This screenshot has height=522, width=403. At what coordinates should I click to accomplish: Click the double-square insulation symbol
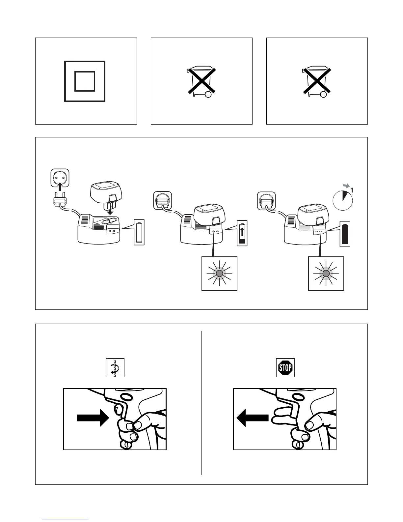point(85,81)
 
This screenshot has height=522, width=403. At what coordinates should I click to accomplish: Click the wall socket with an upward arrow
point(60,180)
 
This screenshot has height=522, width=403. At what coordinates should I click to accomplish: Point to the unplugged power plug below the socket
point(59,201)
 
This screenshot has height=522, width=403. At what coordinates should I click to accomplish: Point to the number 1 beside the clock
point(352,190)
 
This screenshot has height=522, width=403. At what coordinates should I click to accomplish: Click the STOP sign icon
point(285,367)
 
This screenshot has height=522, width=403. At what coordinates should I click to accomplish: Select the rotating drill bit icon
point(115,367)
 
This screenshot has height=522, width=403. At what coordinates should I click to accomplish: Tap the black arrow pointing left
point(253,418)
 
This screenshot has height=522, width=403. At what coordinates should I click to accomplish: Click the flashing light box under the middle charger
point(219,274)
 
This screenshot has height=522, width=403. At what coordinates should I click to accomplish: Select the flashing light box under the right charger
point(326,274)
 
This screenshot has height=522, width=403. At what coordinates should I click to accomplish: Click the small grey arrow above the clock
point(346,186)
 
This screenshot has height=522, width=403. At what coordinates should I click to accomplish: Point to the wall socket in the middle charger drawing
point(163,200)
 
